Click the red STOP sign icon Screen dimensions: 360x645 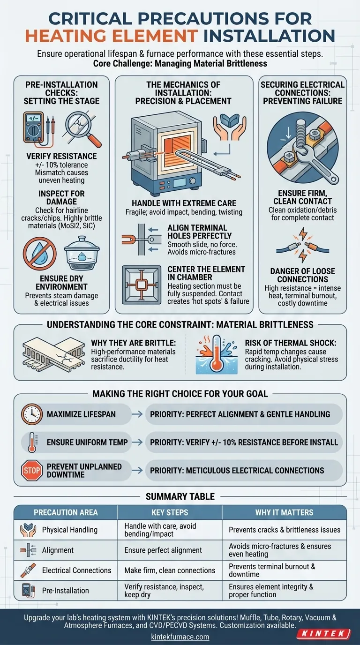[32, 470]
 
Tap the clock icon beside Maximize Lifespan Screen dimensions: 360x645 [32, 414]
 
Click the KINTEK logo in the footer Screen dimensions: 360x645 [323, 634]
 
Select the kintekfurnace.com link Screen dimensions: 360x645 [180, 637]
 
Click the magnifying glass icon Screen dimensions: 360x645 [83, 129]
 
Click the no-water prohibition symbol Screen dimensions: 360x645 [40, 254]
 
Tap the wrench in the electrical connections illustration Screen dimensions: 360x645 [314, 161]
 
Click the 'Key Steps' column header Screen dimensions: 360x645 [170, 512]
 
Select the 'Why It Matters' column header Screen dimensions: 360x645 [284, 512]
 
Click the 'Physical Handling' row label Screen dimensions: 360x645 [70, 530]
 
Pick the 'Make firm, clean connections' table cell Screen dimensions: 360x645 [170, 570]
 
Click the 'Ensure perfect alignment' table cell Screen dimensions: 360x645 [163, 550]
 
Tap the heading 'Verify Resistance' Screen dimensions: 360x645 [61, 156]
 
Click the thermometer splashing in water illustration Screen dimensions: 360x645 [217, 354]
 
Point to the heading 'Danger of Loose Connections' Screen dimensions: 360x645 [302, 275]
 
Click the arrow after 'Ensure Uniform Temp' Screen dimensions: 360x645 [137, 442]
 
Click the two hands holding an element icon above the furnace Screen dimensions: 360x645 [230, 127]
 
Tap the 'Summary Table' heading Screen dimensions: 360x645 [180, 496]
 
